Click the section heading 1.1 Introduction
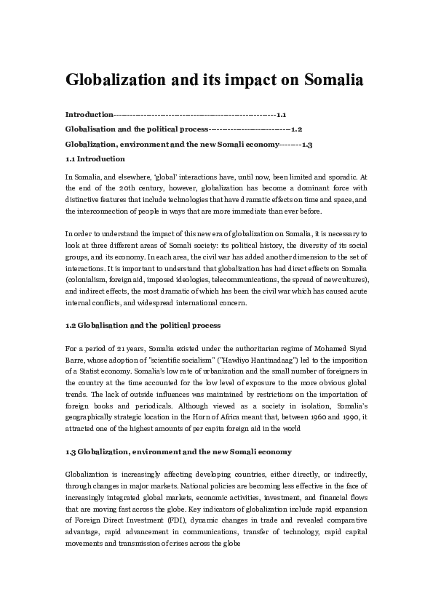tap(95, 158)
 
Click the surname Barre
tap(76, 361)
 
